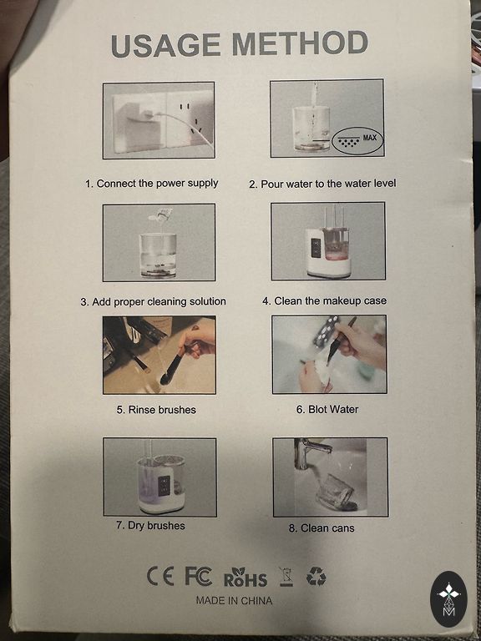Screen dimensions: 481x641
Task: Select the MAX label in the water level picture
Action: (369, 138)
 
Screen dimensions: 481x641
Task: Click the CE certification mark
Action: (160, 577)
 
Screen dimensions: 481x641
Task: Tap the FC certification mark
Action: (199, 577)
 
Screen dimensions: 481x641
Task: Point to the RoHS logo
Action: (246, 577)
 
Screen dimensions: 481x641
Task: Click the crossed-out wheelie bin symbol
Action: (286, 577)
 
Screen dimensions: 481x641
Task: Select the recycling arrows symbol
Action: (316, 578)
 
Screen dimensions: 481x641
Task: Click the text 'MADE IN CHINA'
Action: (234, 601)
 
